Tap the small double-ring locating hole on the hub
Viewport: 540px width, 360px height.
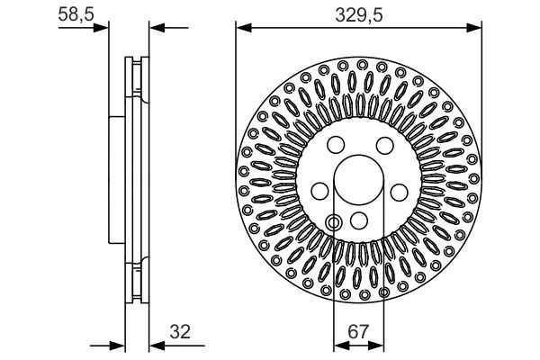(334, 222)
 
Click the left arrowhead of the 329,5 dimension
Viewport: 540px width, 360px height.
(241, 27)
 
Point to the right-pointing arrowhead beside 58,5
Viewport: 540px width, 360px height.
(102, 27)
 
